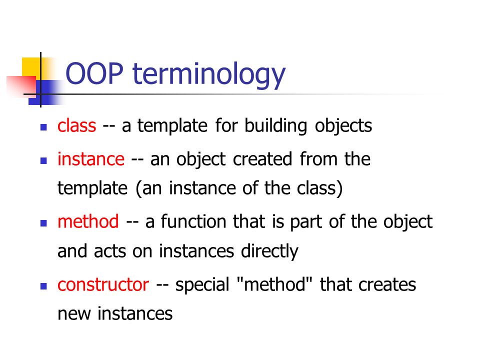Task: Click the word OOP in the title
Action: click(95, 74)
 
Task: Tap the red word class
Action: click(76, 126)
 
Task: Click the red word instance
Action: click(90, 159)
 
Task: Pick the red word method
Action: click(88, 221)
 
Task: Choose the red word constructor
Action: click(103, 284)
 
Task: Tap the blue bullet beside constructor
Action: click(43, 286)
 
